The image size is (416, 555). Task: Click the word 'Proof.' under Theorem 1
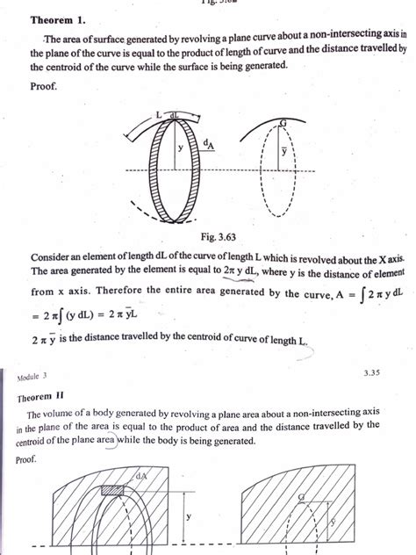(x=46, y=88)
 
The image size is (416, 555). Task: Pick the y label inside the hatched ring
(x=179, y=148)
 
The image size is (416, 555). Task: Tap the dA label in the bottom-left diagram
(x=141, y=476)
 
